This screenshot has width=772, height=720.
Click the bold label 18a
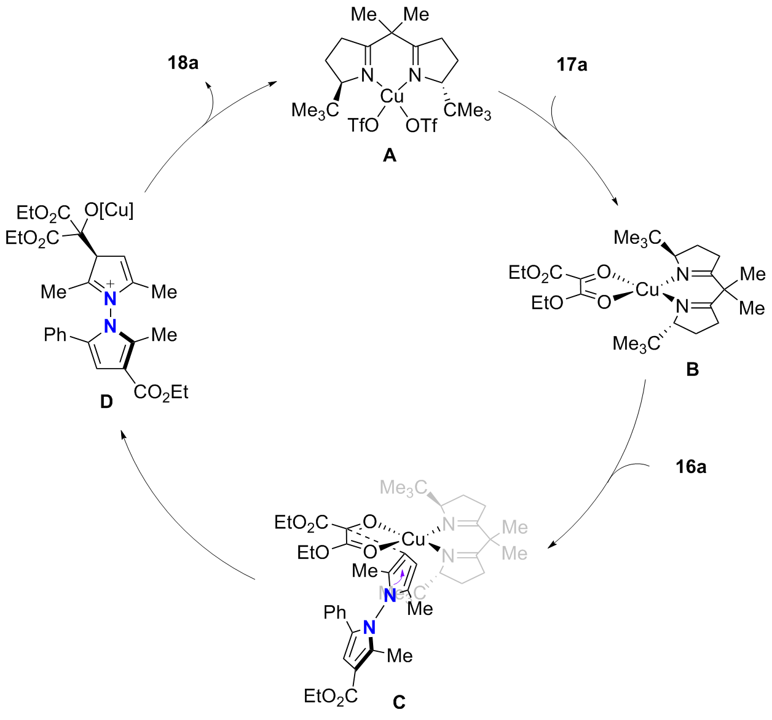point(183,63)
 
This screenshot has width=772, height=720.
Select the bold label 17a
point(572,64)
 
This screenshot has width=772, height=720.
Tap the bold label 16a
point(691,467)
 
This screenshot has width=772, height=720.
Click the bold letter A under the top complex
point(390,155)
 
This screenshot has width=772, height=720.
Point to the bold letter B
point(692,370)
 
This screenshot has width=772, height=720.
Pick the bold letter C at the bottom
point(399,701)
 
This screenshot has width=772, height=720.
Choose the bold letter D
point(106,402)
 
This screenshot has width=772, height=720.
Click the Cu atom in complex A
point(392,96)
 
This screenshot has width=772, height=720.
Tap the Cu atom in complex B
point(647,289)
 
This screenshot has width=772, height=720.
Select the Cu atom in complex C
point(413,539)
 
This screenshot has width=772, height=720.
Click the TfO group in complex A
point(363,126)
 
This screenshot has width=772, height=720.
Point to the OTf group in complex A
point(421,126)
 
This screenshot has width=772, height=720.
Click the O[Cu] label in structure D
point(109,211)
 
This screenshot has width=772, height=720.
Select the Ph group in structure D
point(55,335)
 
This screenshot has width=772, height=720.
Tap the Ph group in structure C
point(335,612)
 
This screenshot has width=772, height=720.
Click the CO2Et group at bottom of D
point(161,392)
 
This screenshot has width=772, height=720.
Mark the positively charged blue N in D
point(110,298)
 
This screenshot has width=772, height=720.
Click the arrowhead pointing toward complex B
point(615,202)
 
